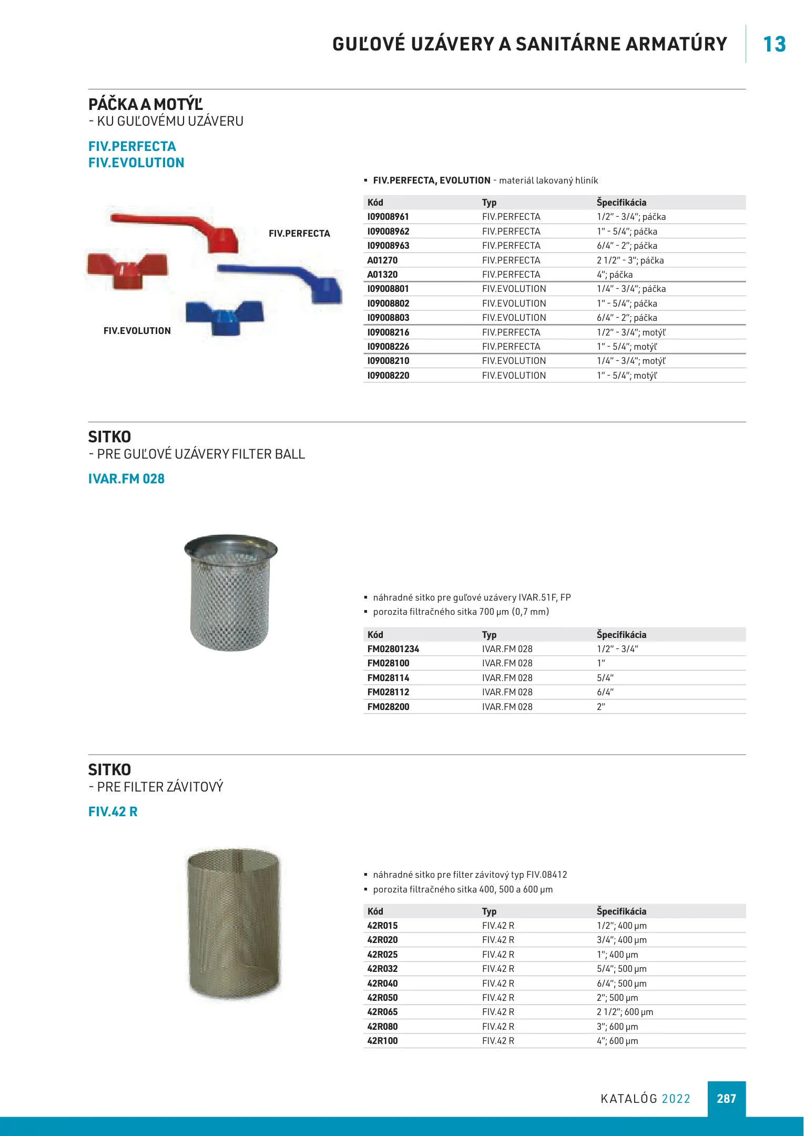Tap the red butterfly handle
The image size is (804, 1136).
pyautogui.click(x=127, y=268)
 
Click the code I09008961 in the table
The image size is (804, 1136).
pyautogui.click(x=388, y=217)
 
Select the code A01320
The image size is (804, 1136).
pyautogui.click(x=382, y=275)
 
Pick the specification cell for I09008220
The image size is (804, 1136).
pyautogui.click(x=627, y=376)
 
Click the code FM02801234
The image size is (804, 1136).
pyautogui.click(x=393, y=649)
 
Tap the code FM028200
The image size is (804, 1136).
pyautogui.click(x=388, y=707)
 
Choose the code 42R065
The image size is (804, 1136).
pyautogui.click(x=382, y=1012)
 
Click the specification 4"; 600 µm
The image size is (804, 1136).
pyautogui.click(x=617, y=1041)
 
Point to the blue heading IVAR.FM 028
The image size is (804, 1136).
pyautogui.click(x=126, y=479)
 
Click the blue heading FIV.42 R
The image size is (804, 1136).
pyautogui.click(x=113, y=812)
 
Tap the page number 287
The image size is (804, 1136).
pyautogui.click(x=726, y=1099)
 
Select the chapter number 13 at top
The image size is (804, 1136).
pyautogui.click(x=774, y=44)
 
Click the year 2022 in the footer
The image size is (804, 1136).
pyautogui.click(x=676, y=1099)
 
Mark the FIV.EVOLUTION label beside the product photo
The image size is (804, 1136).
pyautogui.click(x=137, y=331)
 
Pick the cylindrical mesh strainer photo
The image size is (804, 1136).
pyautogui.click(x=234, y=924)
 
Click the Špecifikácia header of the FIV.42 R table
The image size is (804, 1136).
pyautogui.click(x=622, y=911)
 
